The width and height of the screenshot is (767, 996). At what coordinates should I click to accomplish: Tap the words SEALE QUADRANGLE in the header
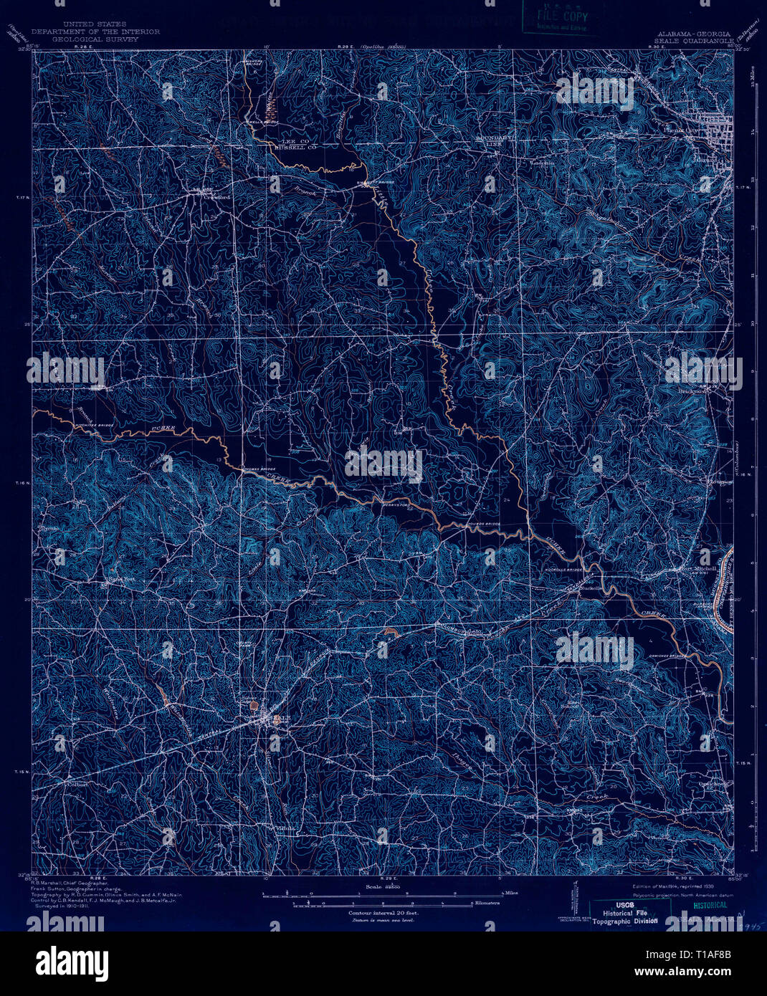point(693,41)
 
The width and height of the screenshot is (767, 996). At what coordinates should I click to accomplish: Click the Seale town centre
point(273,719)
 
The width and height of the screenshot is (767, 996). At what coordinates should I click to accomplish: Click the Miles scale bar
point(387,894)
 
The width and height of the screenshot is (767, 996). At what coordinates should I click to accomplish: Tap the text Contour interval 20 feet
point(383,914)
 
